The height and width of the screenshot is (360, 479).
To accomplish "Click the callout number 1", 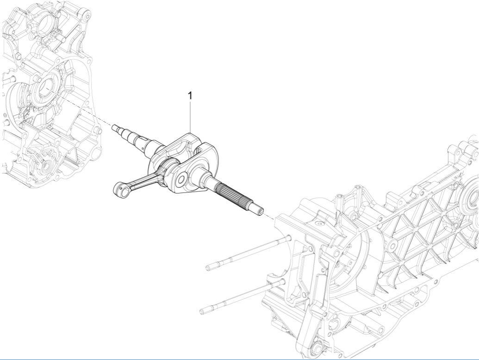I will (190, 95).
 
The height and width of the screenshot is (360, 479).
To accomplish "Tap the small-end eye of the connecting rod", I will (120, 187).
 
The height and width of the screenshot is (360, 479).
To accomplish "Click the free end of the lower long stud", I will (203, 311).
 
